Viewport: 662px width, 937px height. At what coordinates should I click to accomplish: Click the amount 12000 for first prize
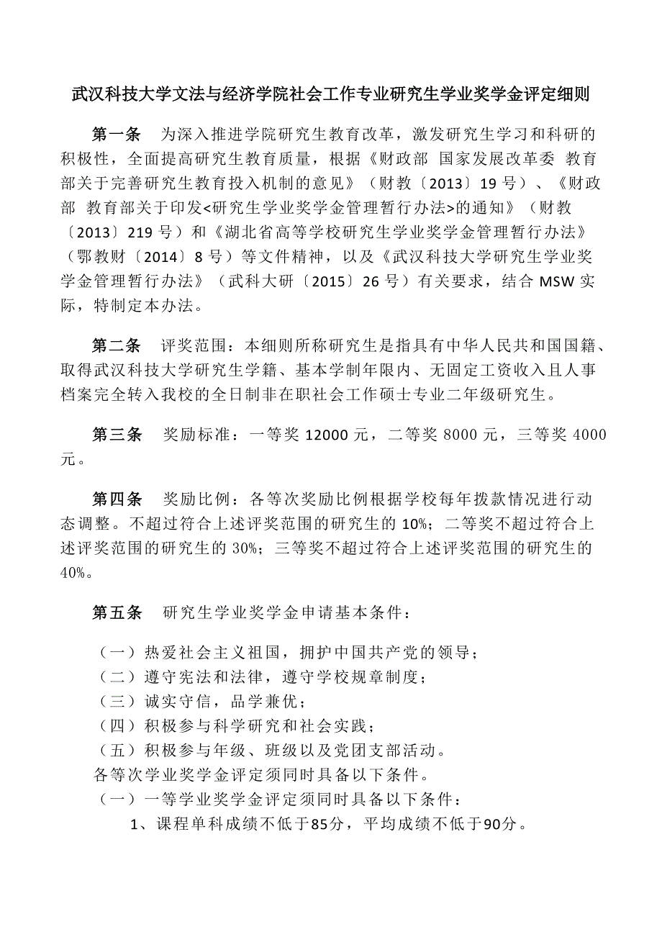[327, 435]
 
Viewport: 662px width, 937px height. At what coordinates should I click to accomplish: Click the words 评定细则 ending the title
[561, 94]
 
